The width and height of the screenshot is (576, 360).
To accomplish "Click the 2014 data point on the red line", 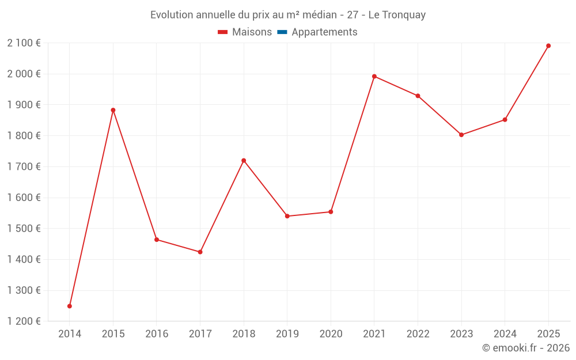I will [70, 306].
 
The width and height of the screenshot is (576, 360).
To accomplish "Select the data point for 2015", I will [113, 110].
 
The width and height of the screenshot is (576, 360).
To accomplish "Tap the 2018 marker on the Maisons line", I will [244, 161].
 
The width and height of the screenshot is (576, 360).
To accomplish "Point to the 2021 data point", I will [374, 77].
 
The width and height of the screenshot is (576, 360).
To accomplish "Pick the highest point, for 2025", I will [548, 46].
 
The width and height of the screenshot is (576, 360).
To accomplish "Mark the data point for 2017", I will [200, 252].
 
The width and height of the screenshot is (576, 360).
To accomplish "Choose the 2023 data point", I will [461, 135].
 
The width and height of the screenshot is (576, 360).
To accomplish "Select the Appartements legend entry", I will [324, 32].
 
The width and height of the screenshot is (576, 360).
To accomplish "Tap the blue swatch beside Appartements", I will [282, 32].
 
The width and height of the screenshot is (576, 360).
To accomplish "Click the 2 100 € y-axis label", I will [24, 43].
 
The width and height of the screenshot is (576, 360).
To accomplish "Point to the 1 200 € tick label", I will [24, 321].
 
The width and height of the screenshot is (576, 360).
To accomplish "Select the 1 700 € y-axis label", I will [24, 166].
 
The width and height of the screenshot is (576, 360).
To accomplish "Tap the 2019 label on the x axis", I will [287, 334].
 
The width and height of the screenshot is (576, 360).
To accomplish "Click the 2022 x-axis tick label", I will [418, 334].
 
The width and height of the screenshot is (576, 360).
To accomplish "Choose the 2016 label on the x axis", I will [157, 334].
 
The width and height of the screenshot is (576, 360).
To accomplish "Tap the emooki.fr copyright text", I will [526, 348].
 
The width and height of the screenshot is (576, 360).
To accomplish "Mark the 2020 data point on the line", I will [331, 212].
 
